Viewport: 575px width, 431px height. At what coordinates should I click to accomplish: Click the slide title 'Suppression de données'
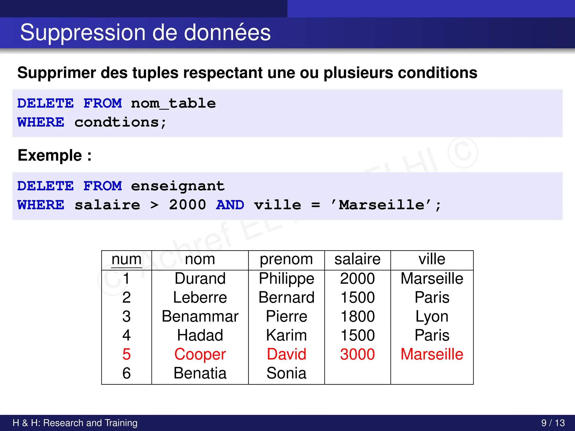145,33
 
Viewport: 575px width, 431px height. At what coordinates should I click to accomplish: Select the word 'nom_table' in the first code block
173,104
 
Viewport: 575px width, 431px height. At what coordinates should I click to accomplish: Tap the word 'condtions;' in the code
120,122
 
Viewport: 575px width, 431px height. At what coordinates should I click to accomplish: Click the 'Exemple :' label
54,155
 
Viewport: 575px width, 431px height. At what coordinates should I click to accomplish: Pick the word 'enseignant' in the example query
178,186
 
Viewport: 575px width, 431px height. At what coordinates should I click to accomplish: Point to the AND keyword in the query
230,205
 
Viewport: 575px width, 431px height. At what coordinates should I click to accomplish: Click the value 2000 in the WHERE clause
187,205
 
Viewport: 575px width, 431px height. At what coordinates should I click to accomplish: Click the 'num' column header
126,259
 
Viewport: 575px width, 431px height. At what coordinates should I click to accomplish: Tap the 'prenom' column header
286,259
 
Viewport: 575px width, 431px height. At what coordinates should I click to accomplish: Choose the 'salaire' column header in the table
357,259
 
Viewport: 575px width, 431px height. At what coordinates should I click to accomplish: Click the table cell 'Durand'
200,278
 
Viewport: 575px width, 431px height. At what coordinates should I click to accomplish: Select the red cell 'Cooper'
200,354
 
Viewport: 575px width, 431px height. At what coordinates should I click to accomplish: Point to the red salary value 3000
357,354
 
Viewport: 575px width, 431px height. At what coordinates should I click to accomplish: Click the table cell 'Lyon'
432,316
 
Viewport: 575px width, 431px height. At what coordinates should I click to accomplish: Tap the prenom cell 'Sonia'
286,373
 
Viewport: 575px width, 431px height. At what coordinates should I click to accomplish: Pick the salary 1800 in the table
357,316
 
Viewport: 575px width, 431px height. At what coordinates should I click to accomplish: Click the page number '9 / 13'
553,423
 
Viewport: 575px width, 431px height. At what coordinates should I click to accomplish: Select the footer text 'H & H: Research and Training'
75,423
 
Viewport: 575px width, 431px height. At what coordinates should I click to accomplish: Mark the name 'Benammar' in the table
200,316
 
